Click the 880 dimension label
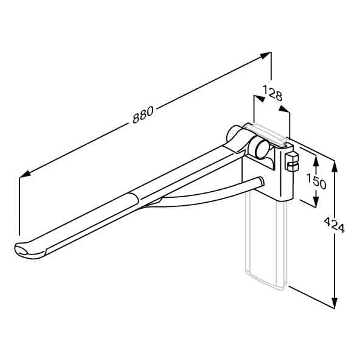click(x=143, y=114)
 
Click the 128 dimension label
click(x=272, y=93)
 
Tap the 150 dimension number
click(x=316, y=181)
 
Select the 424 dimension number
click(x=334, y=225)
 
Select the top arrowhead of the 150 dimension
click(x=316, y=161)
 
